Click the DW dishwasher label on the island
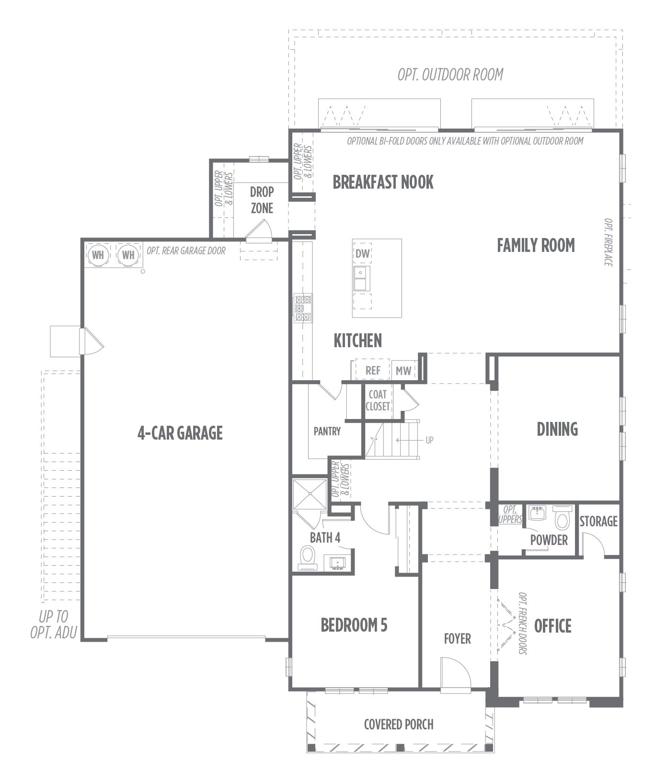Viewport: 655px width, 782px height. (363, 254)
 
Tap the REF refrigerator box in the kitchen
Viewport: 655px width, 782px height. (372, 370)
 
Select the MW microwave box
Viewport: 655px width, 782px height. (403, 370)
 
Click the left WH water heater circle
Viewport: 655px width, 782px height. (98, 255)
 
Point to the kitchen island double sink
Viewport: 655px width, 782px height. (362, 278)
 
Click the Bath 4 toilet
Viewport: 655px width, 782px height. (308, 558)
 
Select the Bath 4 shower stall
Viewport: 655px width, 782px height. (310, 493)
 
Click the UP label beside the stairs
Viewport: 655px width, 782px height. (429, 440)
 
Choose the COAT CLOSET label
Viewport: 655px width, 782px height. (378, 400)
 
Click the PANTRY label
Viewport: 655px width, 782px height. (327, 431)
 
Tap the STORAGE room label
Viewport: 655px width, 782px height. (598, 521)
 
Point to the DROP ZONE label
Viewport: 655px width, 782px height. (262, 200)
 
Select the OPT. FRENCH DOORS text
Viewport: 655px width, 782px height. (522, 623)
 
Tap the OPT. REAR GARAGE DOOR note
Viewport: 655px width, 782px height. (186, 250)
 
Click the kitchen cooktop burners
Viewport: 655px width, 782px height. (303, 308)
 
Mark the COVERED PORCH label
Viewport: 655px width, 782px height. (399, 724)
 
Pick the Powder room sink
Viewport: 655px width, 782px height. (538, 514)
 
